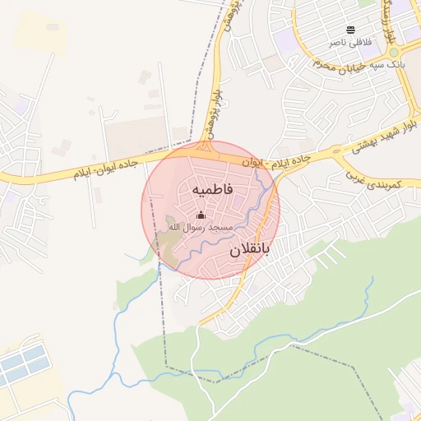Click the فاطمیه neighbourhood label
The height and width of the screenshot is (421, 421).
(213, 190)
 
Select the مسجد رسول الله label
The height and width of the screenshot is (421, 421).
(201, 226)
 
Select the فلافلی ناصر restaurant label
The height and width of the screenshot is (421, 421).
(349, 42)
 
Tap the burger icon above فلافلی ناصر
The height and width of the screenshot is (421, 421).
(351, 30)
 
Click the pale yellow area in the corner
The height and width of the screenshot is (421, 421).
(37, 33)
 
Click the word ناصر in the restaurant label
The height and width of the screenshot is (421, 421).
(337, 42)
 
